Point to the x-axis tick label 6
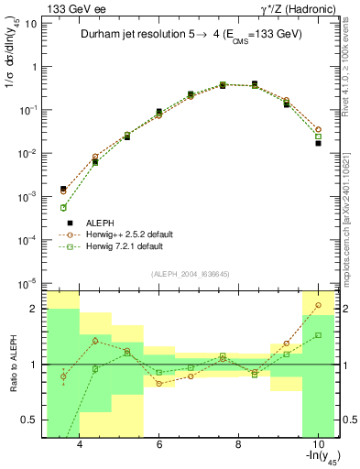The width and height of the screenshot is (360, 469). (x=159, y=444)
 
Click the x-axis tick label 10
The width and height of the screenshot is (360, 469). (x=316, y=444)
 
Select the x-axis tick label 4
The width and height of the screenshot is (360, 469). (x=81, y=444)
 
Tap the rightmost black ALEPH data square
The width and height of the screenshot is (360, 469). (x=318, y=143)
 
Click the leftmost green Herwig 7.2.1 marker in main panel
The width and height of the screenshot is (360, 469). (x=63, y=208)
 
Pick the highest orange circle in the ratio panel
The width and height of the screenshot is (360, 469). (x=318, y=305)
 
